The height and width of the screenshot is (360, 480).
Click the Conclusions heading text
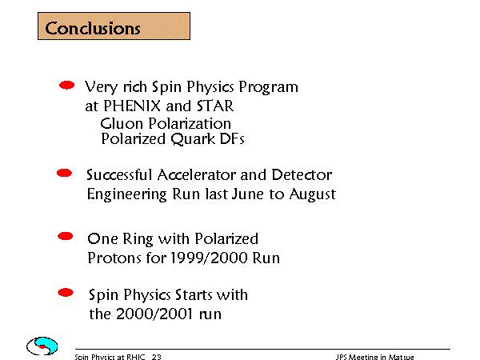pyautogui.click(x=93, y=28)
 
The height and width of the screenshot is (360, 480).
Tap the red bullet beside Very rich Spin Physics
pyautogui.click(x=66, y=85)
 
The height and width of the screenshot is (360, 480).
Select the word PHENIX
pyautogui.click(x=132, y=106)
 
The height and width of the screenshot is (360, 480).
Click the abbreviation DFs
pyautogui.click(x=232, y=138)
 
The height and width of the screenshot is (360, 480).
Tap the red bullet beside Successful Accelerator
pyautogui.click(x=64, y=173)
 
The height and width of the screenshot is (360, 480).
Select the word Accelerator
pyautogui.click(x=197, y=174)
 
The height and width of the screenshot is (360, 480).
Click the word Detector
pyautogui.click(x=302, y=174)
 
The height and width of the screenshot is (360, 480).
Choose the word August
pyautogui.click(x=312, y=194)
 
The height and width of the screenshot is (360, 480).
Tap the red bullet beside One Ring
pyautogui.click(x=66, y=236)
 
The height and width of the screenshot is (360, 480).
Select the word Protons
pyautogui.click(x=114, y=258)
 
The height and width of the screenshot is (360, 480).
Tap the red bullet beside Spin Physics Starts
pyautogui.click(x=66, y=293)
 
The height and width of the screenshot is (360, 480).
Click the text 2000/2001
pyautogui.click(x=154, y=314)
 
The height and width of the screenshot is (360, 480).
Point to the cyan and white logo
pyautogui.click(x=42, y=346)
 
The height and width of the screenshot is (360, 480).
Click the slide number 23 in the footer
pyautogui.click(x=157, y=357)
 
